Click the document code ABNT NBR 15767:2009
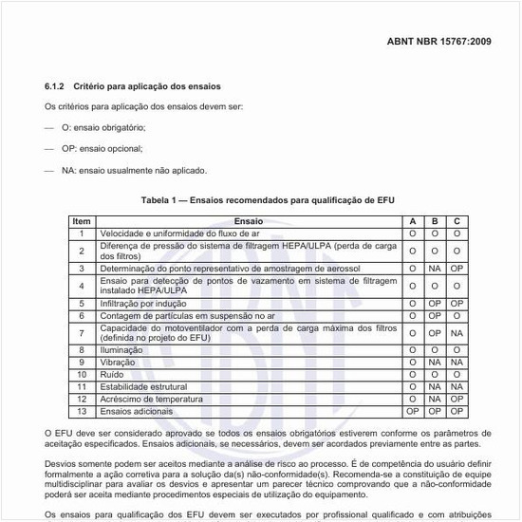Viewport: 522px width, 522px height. click(x=438, y=43)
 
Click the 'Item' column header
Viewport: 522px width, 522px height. click(x=82, y=220)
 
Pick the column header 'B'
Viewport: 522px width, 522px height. click(x=435, y=220)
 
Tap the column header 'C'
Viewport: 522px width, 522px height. click(x=457, y=220)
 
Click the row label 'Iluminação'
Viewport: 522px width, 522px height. click(x=122, y=350)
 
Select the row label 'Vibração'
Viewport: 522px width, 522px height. click(x=120, y=363)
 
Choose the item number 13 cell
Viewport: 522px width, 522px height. click(x=82, y=412)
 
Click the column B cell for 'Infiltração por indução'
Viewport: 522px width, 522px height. click(x=435, y=303)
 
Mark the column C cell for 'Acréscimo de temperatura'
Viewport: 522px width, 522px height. click(x=457, y=400)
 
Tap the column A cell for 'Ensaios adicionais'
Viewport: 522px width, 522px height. click(x=413, y=412)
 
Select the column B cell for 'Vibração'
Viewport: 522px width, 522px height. click(x=435, y=363)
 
